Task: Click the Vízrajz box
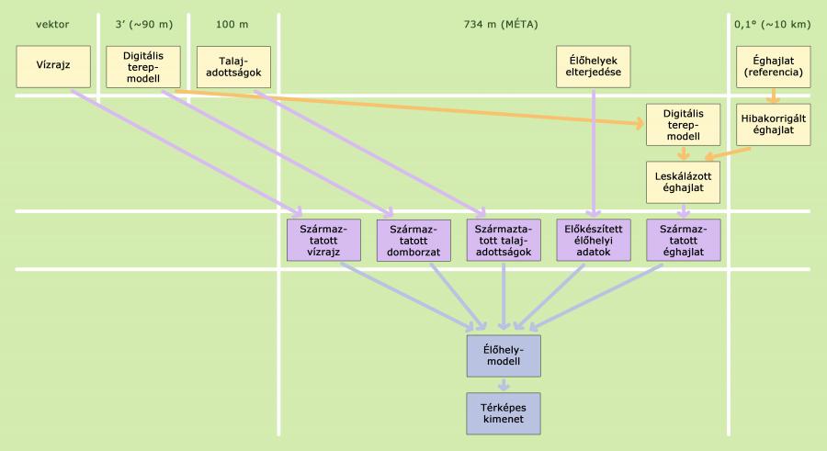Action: tap(44, 66)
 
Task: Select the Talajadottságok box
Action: tap(233, 67)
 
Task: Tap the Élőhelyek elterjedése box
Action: tap(594, 66)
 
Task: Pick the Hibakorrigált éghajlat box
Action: tap(775, 124)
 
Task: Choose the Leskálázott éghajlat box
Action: tap(683, 182)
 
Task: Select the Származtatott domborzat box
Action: tap(413, 240)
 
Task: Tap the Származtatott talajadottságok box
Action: tap(503, 240)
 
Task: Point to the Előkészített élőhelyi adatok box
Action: tap(593, 240)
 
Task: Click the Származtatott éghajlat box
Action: tap(683, 240)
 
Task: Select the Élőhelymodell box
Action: tap(504, 355)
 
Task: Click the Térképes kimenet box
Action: tap(504, 412)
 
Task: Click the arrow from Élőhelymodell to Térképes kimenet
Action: tap(504, 384)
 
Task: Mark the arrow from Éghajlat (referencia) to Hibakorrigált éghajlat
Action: tap(774, 95)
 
